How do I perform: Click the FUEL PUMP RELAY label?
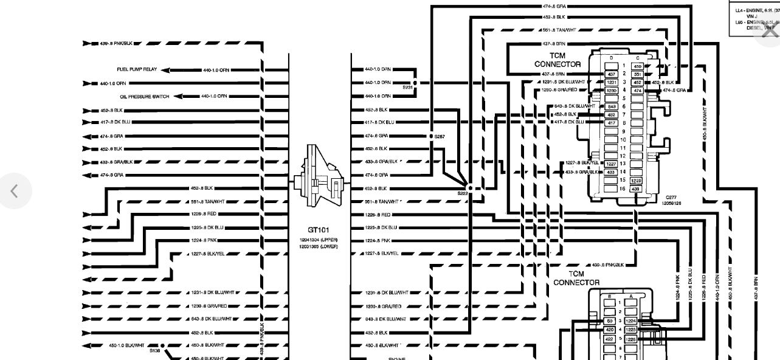(x=137, y=69)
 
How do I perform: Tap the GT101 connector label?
(x=319, y=230)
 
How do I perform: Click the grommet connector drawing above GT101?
(x=320, y=176)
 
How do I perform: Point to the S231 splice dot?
(x=415, y=82)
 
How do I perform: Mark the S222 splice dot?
(x=469, y=189)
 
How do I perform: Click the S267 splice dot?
(x=430, y=136)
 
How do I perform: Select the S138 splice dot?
(x=163, y=345)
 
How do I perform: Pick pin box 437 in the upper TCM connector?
(x=612, y=74)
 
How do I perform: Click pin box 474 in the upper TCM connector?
(x=637, y=90)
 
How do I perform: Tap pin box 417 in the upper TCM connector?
(x=612, y=123)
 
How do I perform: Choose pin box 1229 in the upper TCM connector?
(x=637, y=181)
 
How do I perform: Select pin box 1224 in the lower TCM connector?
(x=630, y=320)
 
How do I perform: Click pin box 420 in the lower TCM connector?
(x=610, y=330)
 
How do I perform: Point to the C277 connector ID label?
(x=671, y=198)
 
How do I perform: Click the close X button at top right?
(x=767, y=32)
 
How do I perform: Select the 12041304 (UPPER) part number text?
(x=319, y=240)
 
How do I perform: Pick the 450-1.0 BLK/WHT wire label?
(x=127, y=345)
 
